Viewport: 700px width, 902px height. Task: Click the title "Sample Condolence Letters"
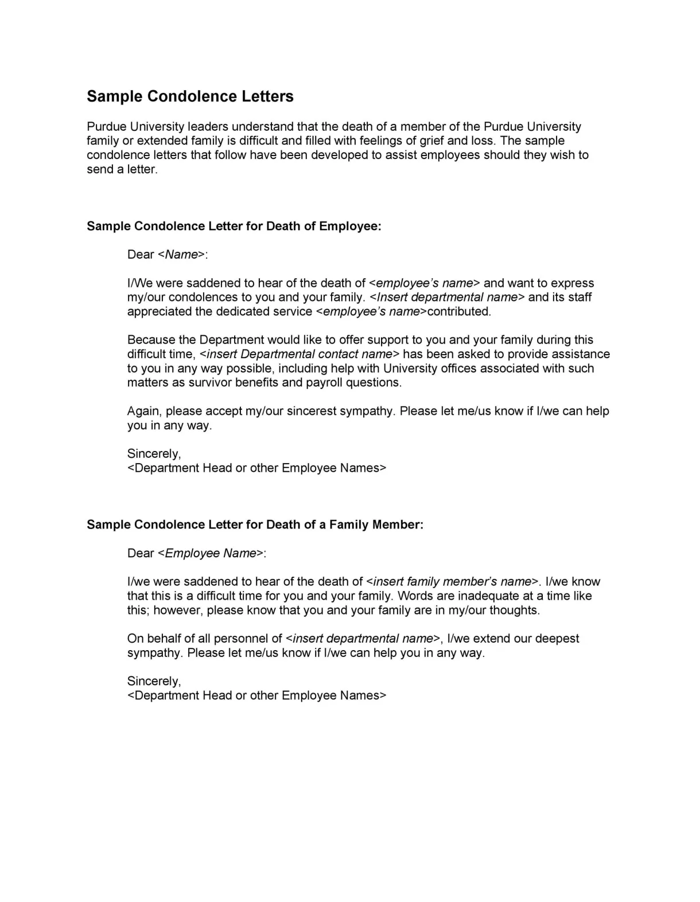click(x=190, y=96)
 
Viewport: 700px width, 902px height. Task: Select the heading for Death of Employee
click(x=234, y=226)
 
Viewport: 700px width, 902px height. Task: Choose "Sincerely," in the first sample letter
click(x=154, y=454)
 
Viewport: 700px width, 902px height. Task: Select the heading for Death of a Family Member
click(x=255, y=525)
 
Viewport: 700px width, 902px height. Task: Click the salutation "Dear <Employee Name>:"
click(x=197, y=553)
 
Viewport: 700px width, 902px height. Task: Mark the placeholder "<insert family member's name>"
click(x=453, y=582)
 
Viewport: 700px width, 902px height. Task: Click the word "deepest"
click(x=554, y=639)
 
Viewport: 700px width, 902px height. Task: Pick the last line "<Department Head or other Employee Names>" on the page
click(x=257, y=695)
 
